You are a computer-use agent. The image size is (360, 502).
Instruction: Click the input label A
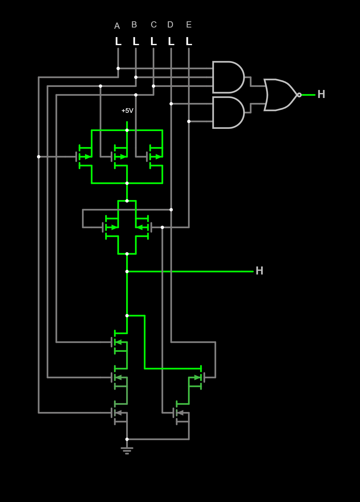117,26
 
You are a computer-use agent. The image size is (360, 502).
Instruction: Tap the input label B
134,25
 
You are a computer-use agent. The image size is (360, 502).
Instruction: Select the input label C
154,25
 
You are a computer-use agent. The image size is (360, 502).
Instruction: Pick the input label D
170,25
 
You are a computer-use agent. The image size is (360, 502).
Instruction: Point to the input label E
189,25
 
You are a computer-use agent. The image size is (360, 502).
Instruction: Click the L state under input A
118,41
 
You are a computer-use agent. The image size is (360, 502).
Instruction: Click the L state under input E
189,41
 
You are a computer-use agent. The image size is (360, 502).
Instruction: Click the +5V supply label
127,111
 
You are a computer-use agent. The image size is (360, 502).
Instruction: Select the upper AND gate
228,77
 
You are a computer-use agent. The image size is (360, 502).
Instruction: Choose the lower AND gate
228,113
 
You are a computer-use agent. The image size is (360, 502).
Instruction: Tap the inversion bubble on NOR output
299,95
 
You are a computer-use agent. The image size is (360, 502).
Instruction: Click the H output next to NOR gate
321,95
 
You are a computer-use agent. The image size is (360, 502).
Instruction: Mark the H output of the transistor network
259,271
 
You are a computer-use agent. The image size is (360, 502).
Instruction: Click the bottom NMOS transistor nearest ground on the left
119,413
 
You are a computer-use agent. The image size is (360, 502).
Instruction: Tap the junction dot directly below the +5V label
127,130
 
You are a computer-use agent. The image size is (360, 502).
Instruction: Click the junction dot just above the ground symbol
127,439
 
